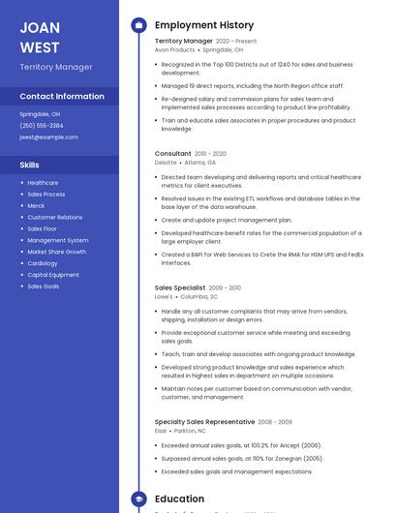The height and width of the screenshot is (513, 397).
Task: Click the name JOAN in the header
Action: click(x=40, y=27)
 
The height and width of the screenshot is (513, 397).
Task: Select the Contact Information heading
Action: click(x=62, y=97)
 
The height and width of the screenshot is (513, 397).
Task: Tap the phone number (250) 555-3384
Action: click(x=42, y=126)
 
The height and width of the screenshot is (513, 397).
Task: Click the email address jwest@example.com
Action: click(x=48, y=137)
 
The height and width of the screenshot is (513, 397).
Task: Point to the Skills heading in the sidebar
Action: click(x=30, y=165)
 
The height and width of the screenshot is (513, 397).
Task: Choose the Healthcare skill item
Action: click(x=43, y=183)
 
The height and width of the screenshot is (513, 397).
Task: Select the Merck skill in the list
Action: click(x=36, y=206)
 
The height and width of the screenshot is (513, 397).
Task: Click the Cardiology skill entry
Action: click(x=43, y=263)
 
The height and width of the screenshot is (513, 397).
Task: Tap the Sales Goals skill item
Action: click(x=44, y=287)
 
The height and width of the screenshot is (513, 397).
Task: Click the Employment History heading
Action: click(x=204, y=25)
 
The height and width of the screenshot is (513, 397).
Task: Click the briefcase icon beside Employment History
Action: click(x=138, y=25)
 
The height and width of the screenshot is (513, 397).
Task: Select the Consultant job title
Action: click(x=173, y=154)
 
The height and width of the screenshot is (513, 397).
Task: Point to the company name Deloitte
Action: click(x=167, y=163)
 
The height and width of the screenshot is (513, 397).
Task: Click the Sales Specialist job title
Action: click(x=180, y=287)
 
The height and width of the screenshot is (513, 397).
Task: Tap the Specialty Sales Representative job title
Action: click(x=204, y=422)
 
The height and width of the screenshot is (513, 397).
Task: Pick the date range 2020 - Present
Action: click(x=236, y=42)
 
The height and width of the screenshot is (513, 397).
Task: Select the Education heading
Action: click(x=179, y=499)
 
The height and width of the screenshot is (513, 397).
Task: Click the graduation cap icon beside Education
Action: click(x=138, y=499)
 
